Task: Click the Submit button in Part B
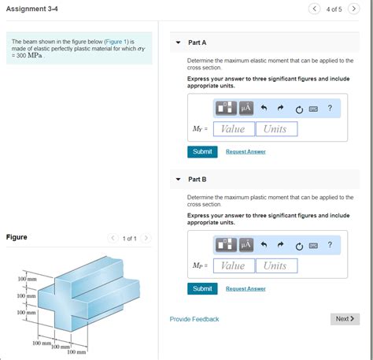[x=202, y=288]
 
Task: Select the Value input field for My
[x=232, y=128]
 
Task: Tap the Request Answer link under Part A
[x=246, y=151]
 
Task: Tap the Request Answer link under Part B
[x=246, y=288]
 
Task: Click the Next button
[x=345, y=319]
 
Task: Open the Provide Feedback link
[x=194, y=319]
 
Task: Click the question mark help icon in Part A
[x=330, y=108]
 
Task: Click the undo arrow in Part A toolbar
[x=264, y=108]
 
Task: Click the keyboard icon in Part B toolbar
[x=313, y=245]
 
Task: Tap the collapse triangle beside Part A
[x=178, y=43]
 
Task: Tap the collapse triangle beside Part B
[x=178, y=180]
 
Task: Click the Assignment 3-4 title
[x=31, y=9]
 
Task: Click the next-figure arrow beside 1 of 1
[x=146, y=239]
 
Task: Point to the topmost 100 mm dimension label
[x=28, y=280]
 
